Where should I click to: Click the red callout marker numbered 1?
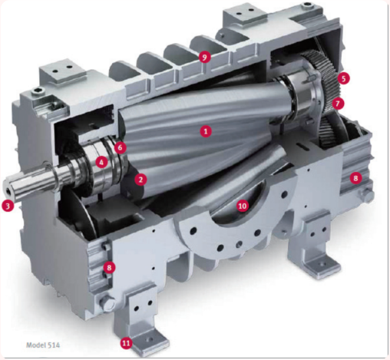click(206, 131)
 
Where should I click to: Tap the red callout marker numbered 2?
click(140, 180)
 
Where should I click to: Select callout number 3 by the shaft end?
click(8, 206)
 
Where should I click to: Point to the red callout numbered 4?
click(101, 162)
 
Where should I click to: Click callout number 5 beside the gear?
click(343, 78)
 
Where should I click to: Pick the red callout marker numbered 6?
click(121, 147)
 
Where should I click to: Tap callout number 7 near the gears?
click(338, 104)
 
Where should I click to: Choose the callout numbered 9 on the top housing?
click(204, 57)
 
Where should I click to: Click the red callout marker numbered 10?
click(243, 206)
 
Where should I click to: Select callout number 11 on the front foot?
click(126, 343)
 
